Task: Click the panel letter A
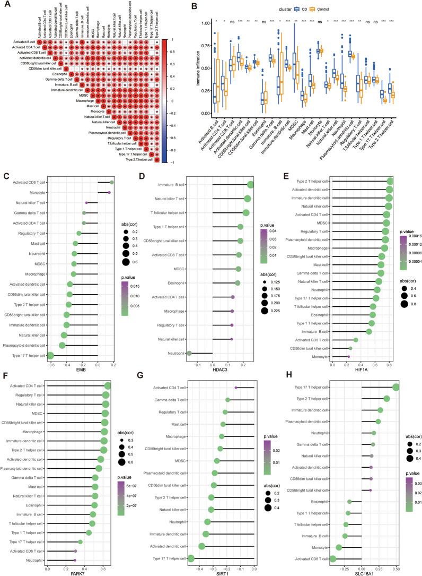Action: coord(5,6)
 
